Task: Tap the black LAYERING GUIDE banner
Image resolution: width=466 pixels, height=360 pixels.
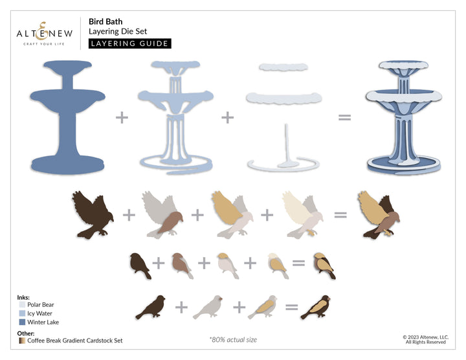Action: (129, 43)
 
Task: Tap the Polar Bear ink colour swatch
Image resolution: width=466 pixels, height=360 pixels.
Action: (22, 304)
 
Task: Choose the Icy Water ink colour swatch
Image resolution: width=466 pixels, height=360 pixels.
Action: (22, 313)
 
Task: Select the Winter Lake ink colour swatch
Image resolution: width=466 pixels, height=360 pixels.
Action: (22, 321)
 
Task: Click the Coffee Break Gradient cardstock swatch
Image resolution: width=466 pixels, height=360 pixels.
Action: (22, 340)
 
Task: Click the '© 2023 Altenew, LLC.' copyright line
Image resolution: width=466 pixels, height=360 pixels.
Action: (425, 337)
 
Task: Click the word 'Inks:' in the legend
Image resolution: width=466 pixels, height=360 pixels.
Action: (24, 297)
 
